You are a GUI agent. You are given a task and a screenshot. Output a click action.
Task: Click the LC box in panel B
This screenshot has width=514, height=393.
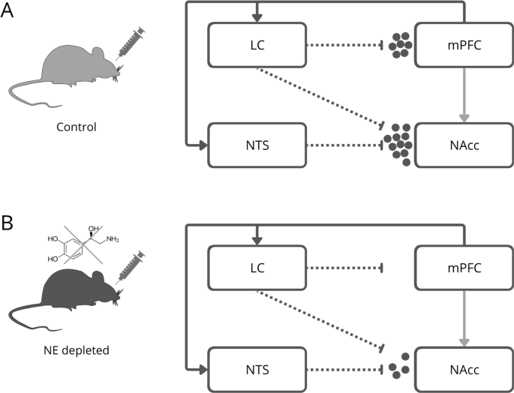click(256, 268)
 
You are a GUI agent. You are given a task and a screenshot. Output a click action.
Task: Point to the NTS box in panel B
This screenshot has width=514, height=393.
click(256, 367)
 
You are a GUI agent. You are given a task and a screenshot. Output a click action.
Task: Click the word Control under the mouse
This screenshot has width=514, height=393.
click(76, 126)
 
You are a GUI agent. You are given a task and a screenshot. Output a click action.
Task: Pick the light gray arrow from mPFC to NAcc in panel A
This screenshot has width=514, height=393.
click(464, 94)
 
